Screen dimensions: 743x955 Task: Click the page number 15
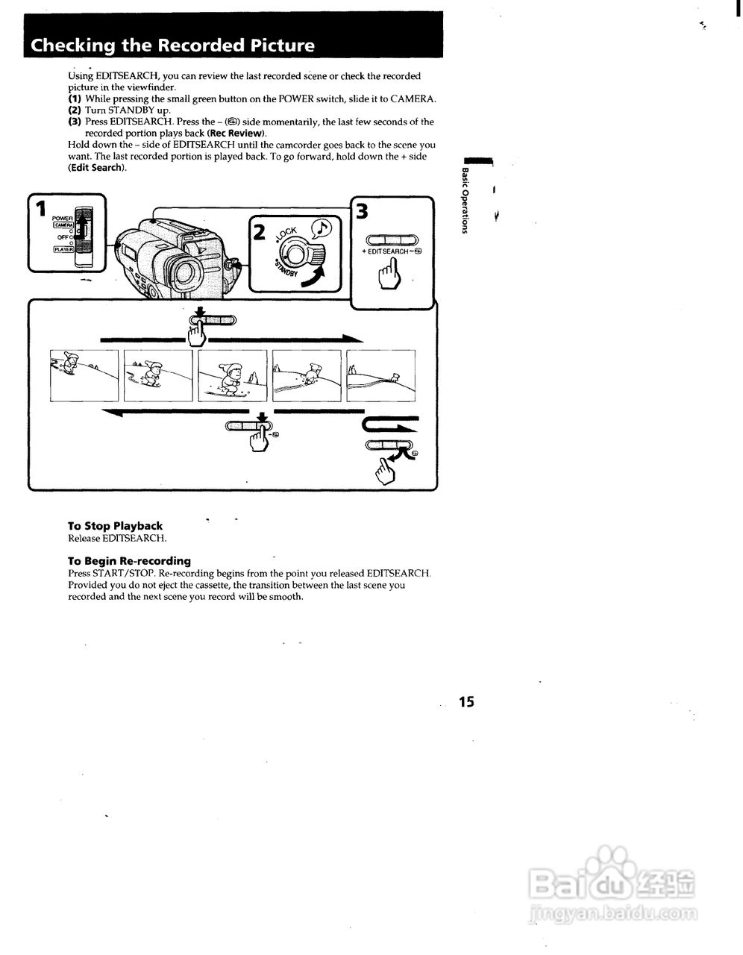pyautogui.click(x=466, y=701)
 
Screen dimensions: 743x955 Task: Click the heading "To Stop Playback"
pyautogui.click(x=115, y=526)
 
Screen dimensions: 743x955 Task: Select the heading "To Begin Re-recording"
pyautogui.click(x=129, y=561)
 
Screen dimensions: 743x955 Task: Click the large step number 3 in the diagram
pyautogui.click(x=362, y=212)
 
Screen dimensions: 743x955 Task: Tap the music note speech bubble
pyautogui.click(x=322, y=227)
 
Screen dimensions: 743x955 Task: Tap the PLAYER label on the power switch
pyautogui.click(x=63, y=249)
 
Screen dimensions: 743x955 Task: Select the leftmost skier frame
pyautogui.click(x=84, y=375)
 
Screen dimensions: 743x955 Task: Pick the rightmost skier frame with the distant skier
pyautogui.click(x=380, y=375)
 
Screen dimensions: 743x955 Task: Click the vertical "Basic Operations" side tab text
pyautogui.click(x=465, y=201)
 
